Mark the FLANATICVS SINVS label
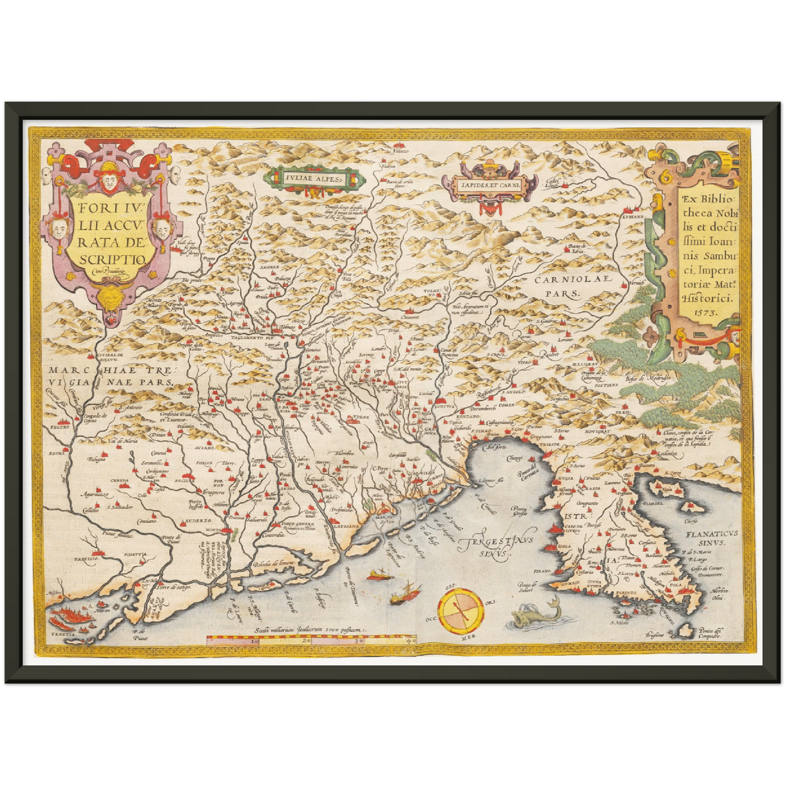click(x=711, y=538)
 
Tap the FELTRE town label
click(x=60, y=428)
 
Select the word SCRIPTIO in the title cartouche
click(x=112, y=260)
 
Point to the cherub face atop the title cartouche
click(x=107, y=180)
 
